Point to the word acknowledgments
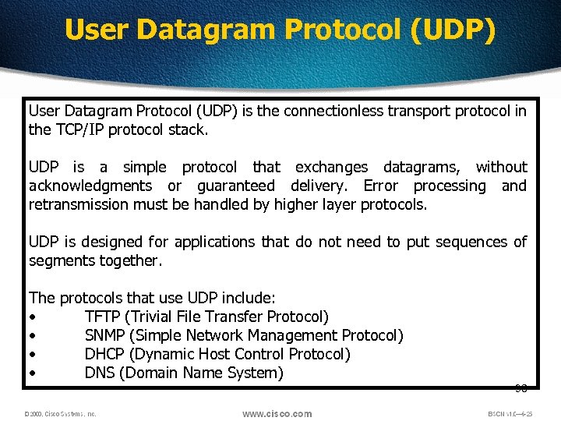click(90, 186)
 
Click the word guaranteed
click(235, 186)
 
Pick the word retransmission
click(76, 204)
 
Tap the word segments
click(62, 260)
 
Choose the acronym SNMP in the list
click(105, 335)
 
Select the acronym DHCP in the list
click(105, 354)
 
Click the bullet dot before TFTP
click(33, 317)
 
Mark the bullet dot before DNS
click(33, 373)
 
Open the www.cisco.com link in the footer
click(277, 414)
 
